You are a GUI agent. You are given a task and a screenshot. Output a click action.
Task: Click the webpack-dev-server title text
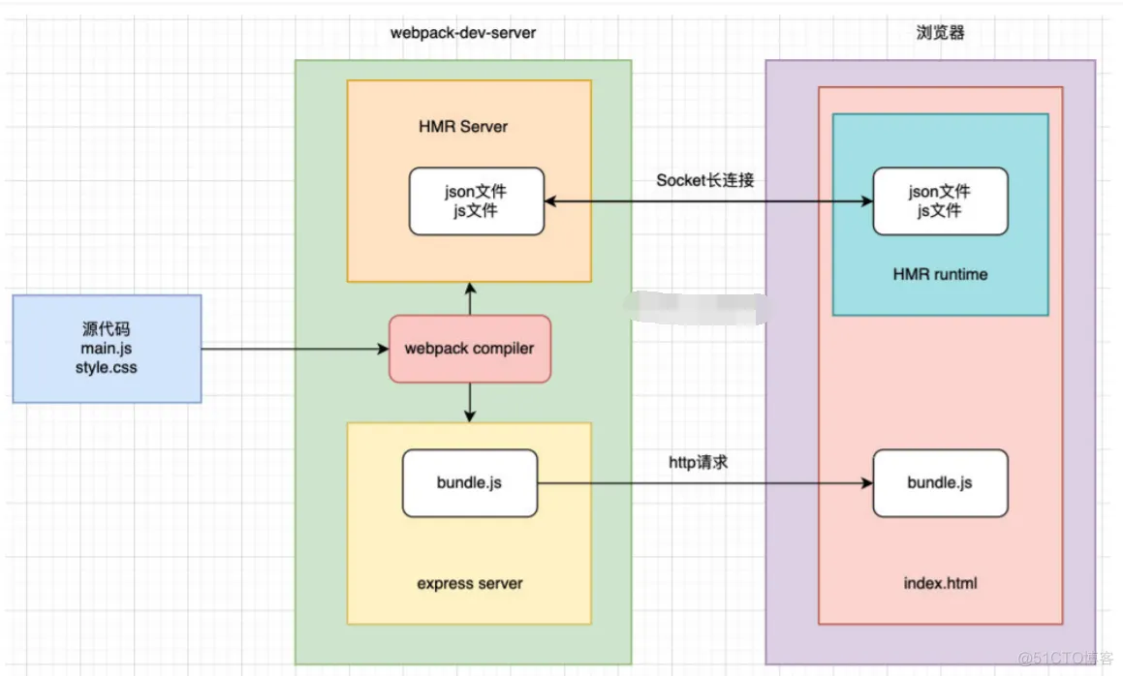tap(462, 32)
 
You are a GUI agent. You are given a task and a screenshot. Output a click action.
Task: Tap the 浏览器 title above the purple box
tap(939, 32)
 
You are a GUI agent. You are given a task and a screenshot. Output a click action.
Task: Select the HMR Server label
tap(463, 126)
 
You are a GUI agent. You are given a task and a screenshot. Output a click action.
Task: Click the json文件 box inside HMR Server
tap(477, 200)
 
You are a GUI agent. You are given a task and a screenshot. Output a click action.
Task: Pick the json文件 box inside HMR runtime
tap(940, 200)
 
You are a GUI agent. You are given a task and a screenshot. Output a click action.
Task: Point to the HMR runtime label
tap(940, 274)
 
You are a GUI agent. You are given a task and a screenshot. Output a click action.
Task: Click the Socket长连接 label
tap(704, 180)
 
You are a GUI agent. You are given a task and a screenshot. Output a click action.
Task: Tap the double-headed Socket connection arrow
tap(707, 201)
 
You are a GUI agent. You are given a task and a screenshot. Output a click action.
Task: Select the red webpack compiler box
tap(470, 348)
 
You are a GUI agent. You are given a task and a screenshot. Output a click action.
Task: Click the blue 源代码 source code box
tap(107, 348)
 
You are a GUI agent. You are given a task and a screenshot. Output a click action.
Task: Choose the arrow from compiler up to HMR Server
tap(470, 299)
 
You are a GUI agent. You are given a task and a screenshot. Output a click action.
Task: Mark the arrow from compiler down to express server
tap(470, 401)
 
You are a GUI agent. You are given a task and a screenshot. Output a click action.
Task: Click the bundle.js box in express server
tap(469, 482)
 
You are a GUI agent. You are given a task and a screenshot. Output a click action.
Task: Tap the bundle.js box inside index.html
tap(940, 482)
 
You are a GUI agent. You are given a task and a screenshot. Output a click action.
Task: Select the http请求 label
tap(698, 463)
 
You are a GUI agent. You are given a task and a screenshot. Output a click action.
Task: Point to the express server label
tap(469, 583)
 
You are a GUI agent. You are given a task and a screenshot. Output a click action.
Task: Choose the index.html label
tap(939, 584)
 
